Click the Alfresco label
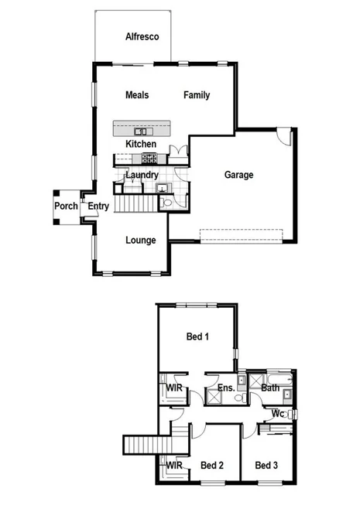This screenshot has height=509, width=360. coord(142,36)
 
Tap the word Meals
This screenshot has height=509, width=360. coord(137,95)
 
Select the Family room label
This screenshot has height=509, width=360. coord(197,95)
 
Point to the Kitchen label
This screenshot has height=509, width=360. coord(141,144)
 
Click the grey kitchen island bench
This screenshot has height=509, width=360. coord(141,128)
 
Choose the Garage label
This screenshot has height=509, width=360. coord(239,175)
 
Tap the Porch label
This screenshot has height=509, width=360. coord(66,206)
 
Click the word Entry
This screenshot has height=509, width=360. coord(98,206)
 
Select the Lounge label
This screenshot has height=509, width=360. coord(141,240)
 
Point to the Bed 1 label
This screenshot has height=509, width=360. coord(197,336)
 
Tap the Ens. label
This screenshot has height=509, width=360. coord(226,388)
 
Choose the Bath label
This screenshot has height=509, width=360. coord(270,388)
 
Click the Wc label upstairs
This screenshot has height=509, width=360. coord(277,414)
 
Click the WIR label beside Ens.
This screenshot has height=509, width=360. coord(174,388)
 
